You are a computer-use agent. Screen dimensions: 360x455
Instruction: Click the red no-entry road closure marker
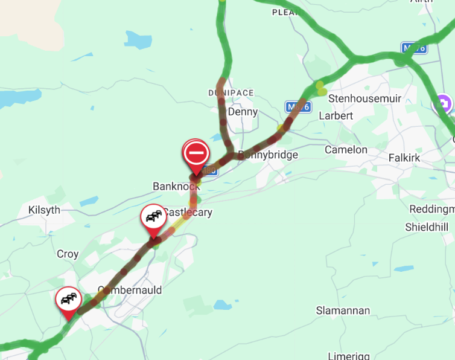click(196, 153)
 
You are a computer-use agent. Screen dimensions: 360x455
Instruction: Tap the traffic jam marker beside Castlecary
click(154, 217)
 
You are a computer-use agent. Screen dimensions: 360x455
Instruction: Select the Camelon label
click(346, 149)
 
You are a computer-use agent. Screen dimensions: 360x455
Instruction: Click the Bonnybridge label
click(268, 155)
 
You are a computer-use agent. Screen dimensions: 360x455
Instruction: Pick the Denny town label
click(243, 112)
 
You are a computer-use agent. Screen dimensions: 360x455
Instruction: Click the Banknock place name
click(176, 186)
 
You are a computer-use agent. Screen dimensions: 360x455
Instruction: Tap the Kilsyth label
click(44, 210)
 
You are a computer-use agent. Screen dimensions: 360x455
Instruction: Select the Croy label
click(68, 254)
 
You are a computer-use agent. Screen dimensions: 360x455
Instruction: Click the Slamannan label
click(343, 310)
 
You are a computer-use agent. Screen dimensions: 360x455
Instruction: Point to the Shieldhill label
click(427, 227)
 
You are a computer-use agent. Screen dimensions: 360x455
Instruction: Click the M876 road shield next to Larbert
click(297, 107)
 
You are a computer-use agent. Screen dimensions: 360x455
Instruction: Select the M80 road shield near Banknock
click(209, 171)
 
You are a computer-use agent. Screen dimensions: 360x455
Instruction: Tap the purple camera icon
click(444, 103)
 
